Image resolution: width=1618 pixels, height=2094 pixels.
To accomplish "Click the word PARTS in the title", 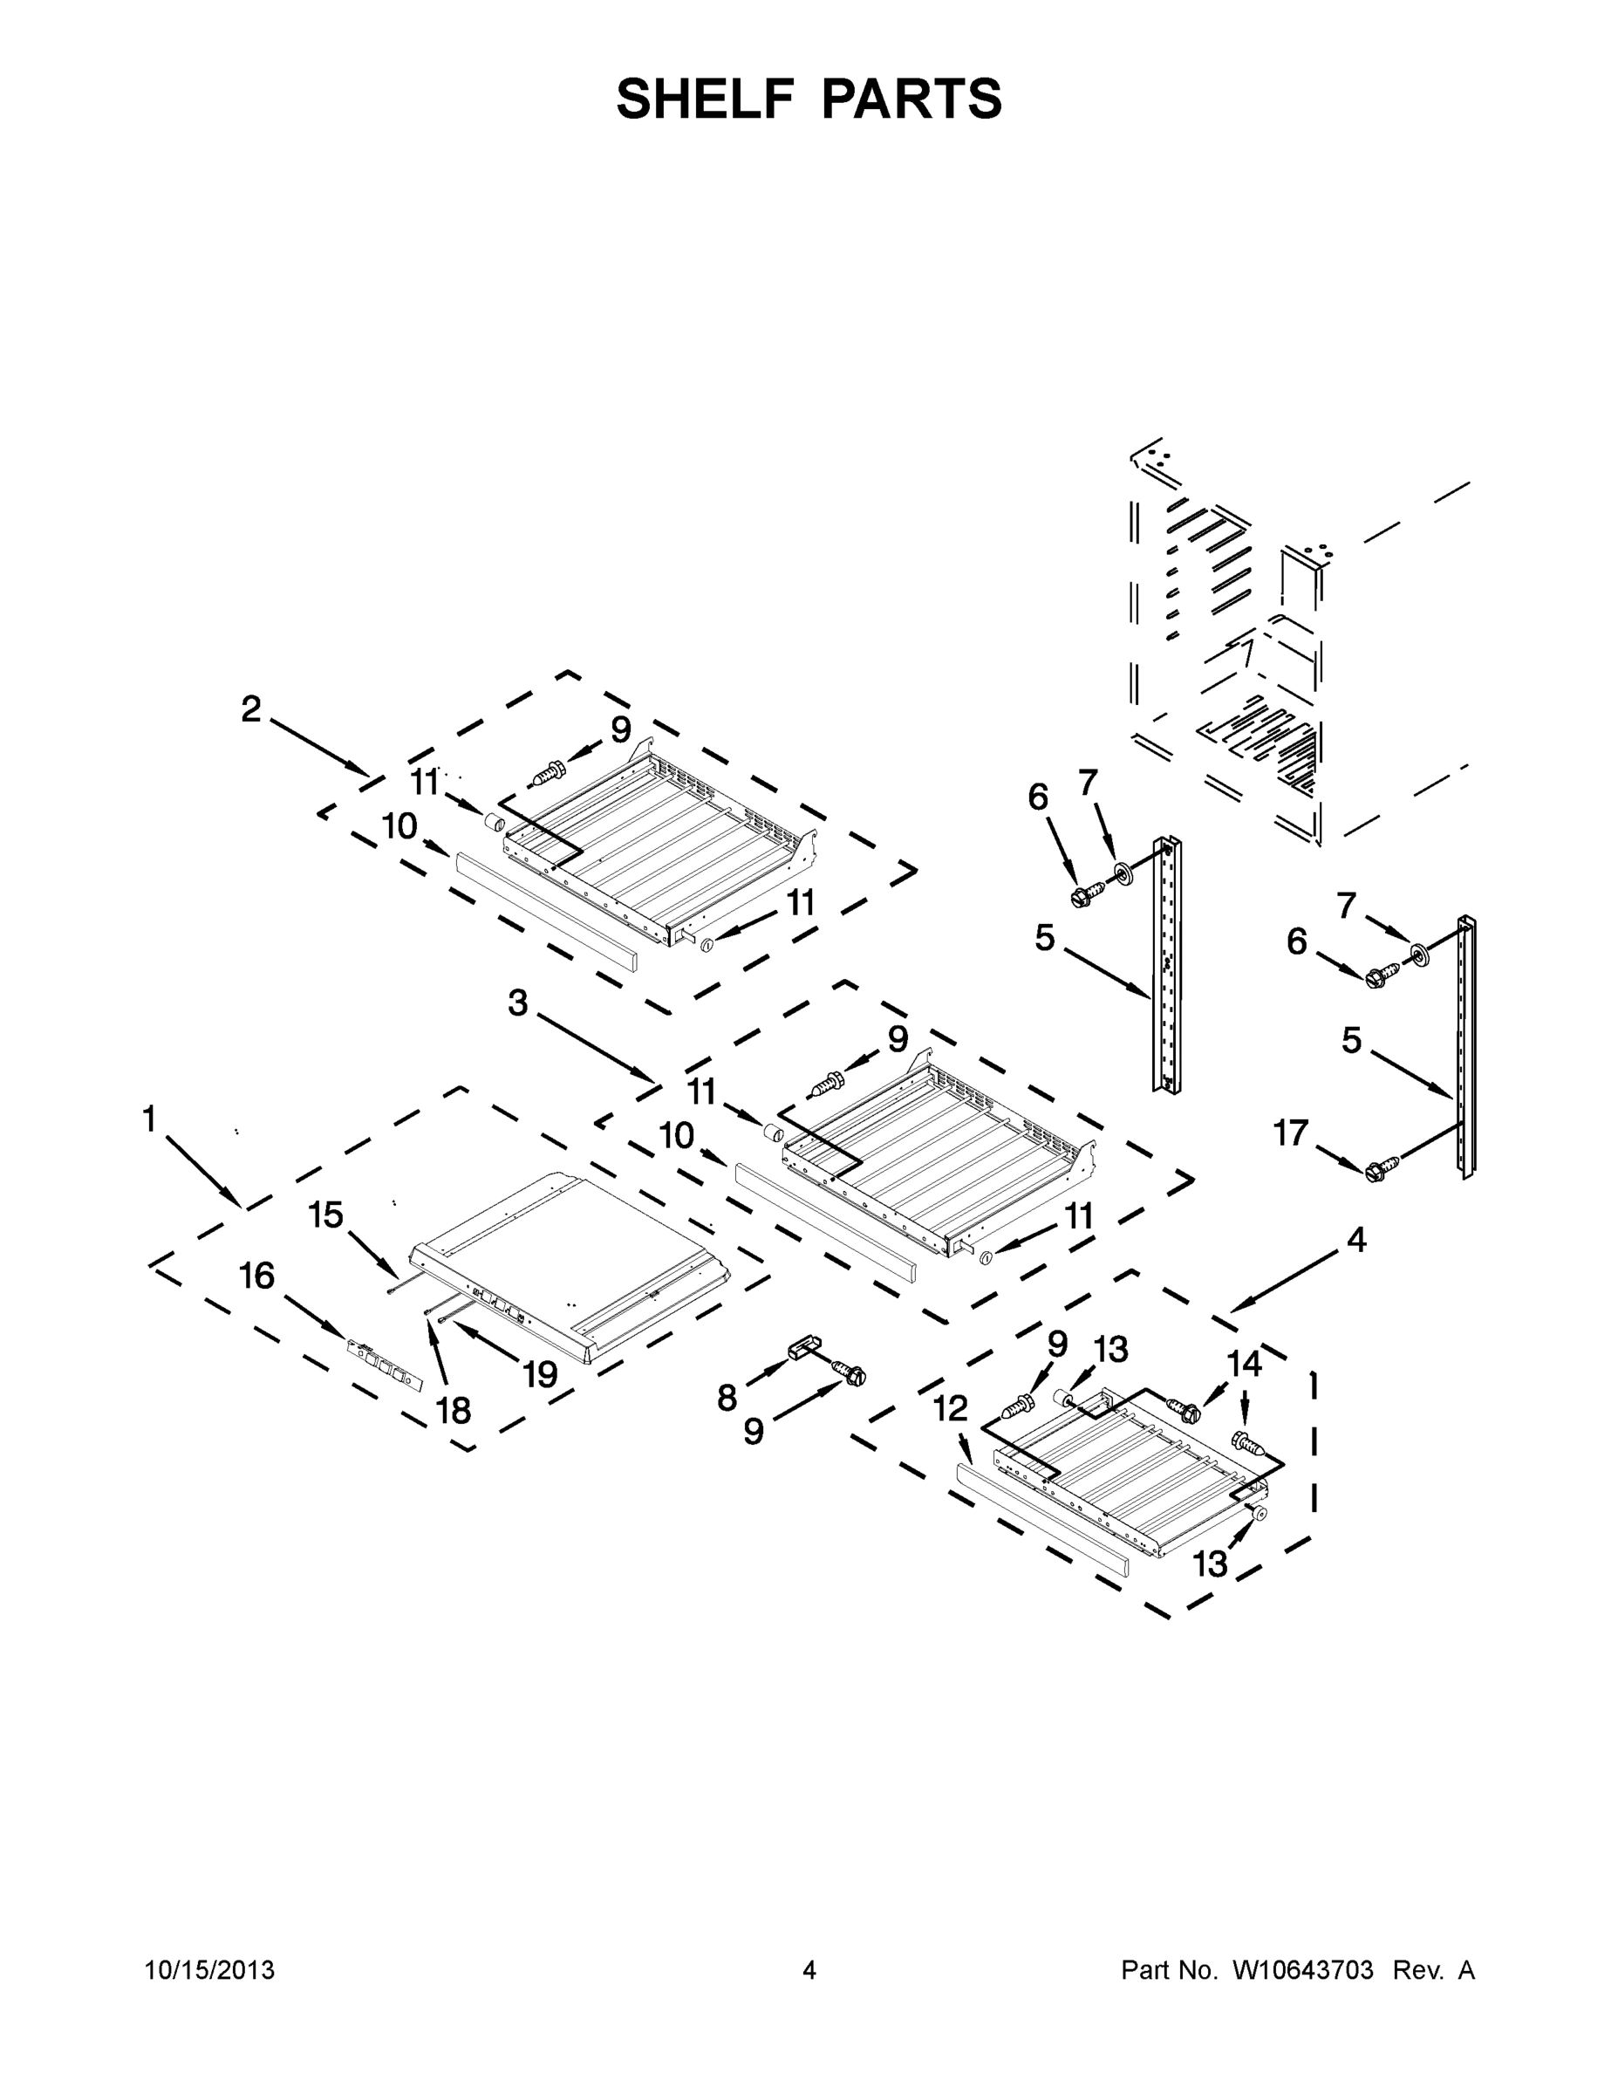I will coord(911,99).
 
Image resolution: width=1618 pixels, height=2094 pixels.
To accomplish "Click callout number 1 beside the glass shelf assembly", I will coord(148,1118).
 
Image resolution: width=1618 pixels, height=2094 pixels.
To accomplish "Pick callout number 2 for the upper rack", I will coord(250,709).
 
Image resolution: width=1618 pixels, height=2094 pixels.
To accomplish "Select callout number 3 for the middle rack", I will coord(517,1003).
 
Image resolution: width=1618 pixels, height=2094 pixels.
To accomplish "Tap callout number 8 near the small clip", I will coord(727,1398).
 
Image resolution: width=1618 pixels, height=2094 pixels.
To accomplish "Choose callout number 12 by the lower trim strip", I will coord(951,1408).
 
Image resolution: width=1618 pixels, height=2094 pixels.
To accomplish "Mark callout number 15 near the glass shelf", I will coord(326,1215).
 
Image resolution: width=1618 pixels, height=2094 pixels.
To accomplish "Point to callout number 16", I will coord(257,1276).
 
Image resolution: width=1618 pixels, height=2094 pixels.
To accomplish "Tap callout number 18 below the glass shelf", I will coord(454,1409).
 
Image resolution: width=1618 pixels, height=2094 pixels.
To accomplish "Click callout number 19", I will coord(541,1375).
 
